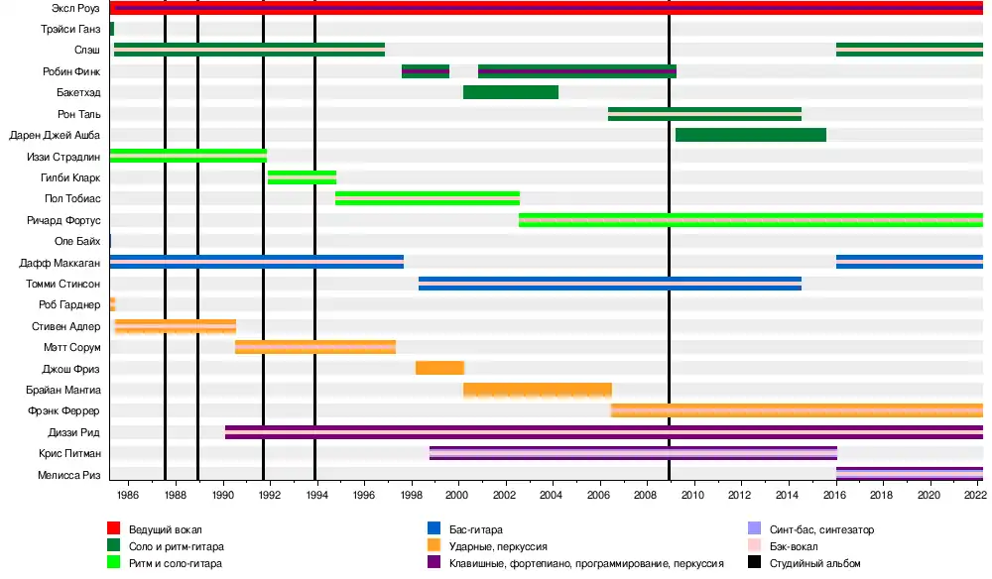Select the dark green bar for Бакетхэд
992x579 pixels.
pyautogui.click(x=511, y=92)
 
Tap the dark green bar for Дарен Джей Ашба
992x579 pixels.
pyautogui.click(x=751, y=135)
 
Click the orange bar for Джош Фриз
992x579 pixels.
pyautogui.click(x=439, y=368)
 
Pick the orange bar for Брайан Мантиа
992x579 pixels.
pyautogui.click(x=537, y=390)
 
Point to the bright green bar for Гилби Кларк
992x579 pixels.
pyautogui.click(x=302, y=177)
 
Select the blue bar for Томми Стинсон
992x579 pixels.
pyautogui.click(x=610, y=284)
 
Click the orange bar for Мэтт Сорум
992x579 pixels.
pyautogui.click(x=315, y=347)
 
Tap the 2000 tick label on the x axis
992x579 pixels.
pyautogui.click(x=457, y=495)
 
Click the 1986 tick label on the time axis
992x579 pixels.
pyautogui.click(x=128, y=495)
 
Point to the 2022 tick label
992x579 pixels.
pyautogui.click(x=975, y=495)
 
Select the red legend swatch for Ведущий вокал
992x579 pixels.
pyautogui.click(x=114, y=529)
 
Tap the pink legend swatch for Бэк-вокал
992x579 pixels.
pyautogui.click(x=755, y=546)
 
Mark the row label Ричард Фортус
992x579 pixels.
pyautogui.click(x=63, y=220)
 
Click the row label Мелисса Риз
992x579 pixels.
pyautogui.click(x=70, y=475)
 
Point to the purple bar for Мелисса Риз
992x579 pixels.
pyautogui.click(x=910, y=474)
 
